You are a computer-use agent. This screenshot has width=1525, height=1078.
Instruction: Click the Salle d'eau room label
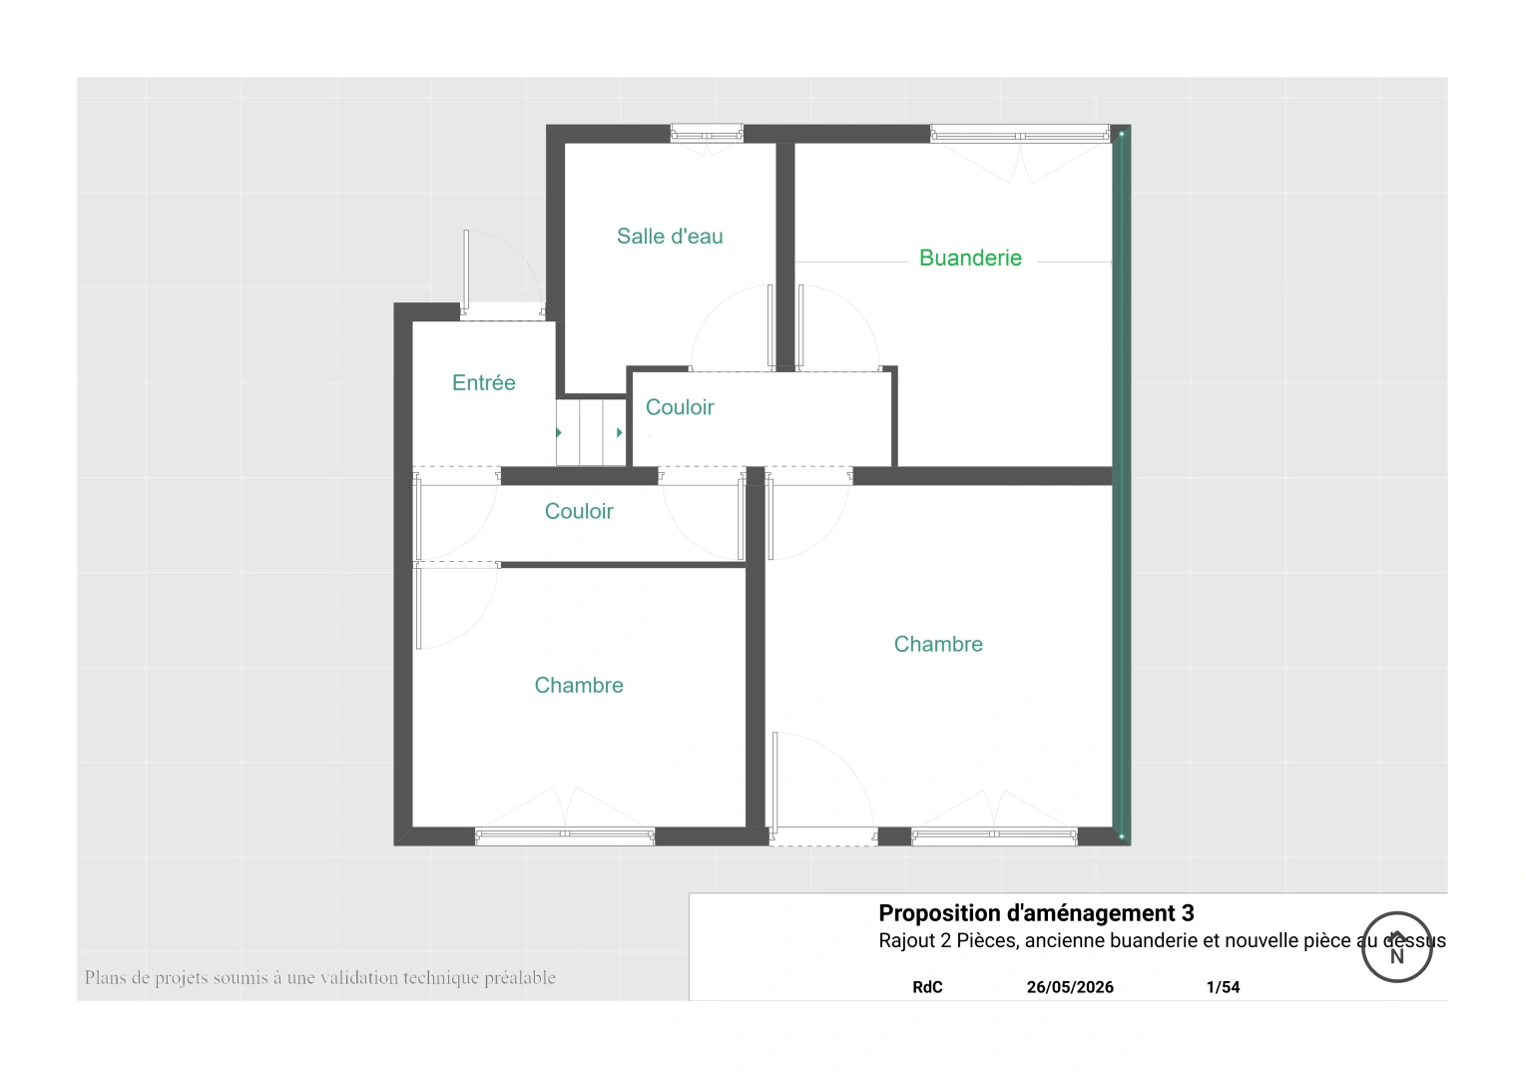(x=670, y=237)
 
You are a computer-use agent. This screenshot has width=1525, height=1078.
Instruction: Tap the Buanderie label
(x=970, y=259)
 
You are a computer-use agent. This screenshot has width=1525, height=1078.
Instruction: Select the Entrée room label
(x=483, y=382)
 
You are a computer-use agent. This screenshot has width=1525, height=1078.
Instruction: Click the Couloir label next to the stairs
(x=680, y=407)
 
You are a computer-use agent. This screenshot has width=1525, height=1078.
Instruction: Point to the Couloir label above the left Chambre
(x=579, y=511)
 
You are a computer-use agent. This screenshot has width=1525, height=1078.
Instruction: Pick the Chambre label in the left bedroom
(x=579, y=685)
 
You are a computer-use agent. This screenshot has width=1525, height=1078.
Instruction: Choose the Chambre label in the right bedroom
(x=938, y=644)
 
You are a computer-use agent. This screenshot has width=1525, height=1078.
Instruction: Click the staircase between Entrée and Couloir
(x=591, y=432)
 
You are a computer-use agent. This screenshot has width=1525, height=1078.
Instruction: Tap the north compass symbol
(x=1397, y=947)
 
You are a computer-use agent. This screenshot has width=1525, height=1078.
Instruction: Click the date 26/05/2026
(x=1070, y=987)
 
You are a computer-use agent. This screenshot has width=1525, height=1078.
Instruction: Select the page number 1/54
(x=1223, y=987)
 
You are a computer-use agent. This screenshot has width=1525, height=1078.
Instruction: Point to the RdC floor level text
(x=927, y=987)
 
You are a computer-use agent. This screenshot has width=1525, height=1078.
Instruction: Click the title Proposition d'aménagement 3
(x=1036, y=913)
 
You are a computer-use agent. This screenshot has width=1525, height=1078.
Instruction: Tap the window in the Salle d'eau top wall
(x=707, y=134)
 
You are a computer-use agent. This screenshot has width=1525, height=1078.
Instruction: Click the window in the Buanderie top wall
(x=1020, y=134)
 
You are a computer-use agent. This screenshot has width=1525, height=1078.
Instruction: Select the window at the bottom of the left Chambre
(x=564, y=836)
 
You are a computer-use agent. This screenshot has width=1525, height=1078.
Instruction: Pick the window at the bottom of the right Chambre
(x=994, y=836)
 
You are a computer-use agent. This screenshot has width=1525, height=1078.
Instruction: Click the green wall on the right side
(x=1121, y=485)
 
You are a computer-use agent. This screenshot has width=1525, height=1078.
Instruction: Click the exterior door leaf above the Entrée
(x=466, y=269)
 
